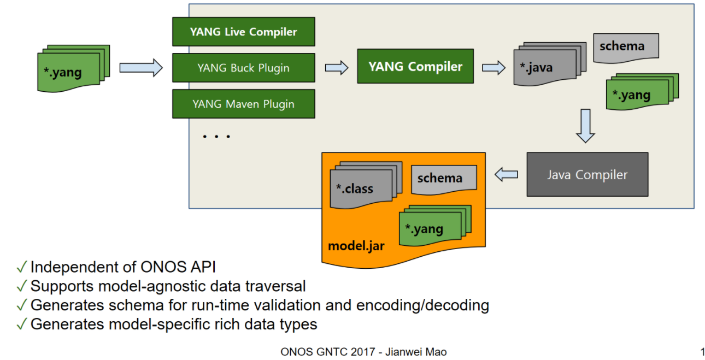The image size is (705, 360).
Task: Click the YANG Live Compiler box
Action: click(x=243, y=32)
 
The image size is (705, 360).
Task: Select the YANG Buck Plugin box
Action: click(x=243, y=68)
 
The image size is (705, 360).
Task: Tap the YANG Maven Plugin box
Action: click(x=243, y=104)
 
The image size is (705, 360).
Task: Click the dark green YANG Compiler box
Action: click(x=415, y=67)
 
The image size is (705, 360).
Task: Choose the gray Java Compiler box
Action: click(x=587, y=175)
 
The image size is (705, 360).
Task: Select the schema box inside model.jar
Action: click(x=443, y=179)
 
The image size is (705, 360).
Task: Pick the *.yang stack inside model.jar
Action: click(x=432, y=226)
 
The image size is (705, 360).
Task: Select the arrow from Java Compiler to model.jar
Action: click(x=506, y=175)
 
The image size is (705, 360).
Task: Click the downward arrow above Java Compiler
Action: click(x=585, y=126)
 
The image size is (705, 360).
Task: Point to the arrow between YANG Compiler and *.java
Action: click(x=493, y=68)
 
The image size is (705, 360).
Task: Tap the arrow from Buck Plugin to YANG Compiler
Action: click(x=336, y=68)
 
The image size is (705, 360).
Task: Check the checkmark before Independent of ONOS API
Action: click(x=22, y=268)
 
